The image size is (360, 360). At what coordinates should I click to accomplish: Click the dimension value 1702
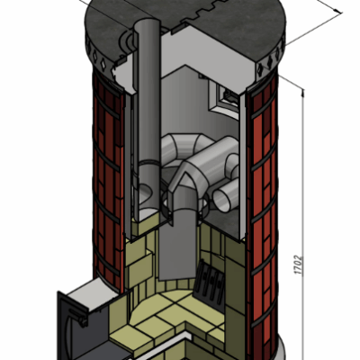(x=298, y=265)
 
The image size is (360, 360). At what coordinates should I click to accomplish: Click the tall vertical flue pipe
(x=148, y=120)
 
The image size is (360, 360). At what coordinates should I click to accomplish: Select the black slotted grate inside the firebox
(x=210, y=282)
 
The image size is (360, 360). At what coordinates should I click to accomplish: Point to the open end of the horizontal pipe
(x=221, y=199)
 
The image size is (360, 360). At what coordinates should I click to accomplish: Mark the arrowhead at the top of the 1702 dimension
(x=302, y=93)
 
